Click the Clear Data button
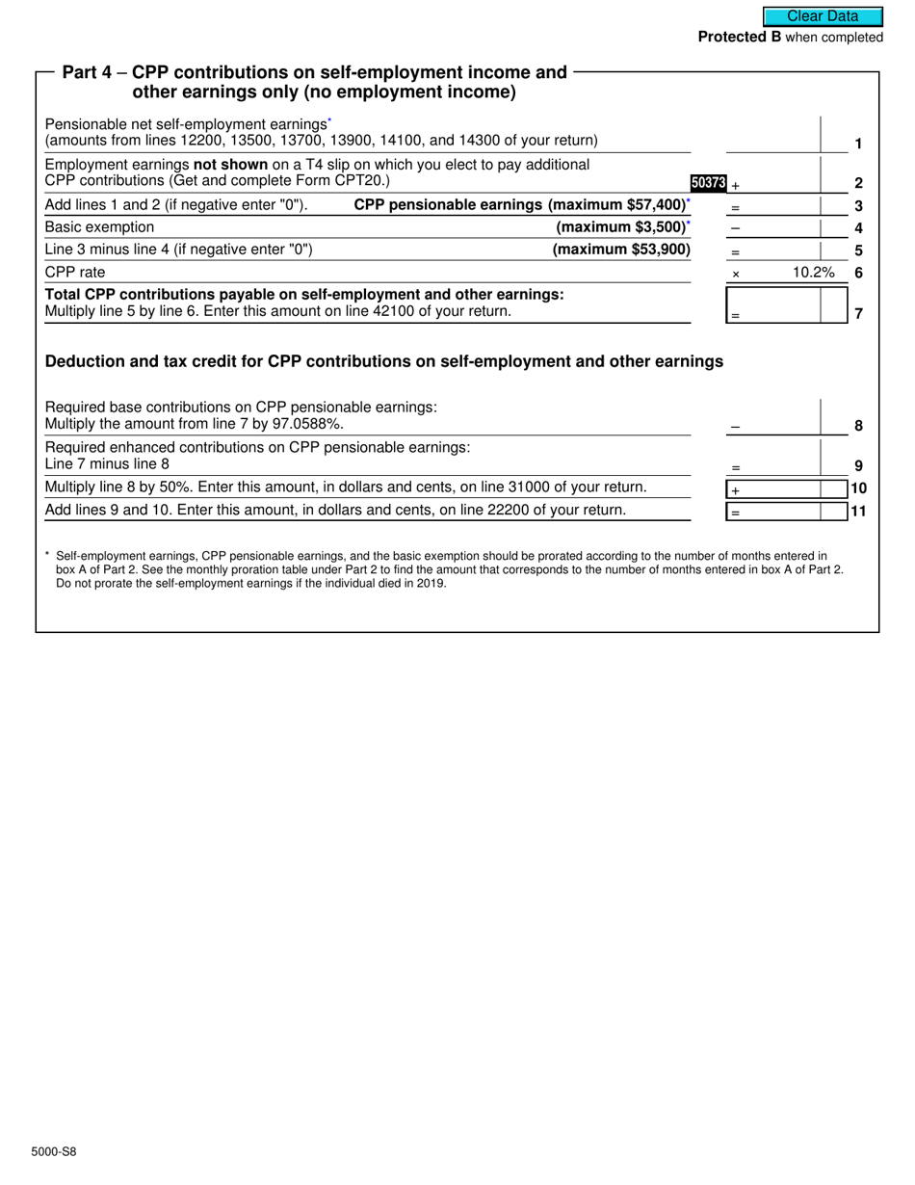click(823, 16)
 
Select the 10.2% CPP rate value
click(813, 273)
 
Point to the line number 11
click(858, 512)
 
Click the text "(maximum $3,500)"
click(621, 227)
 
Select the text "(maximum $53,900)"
click(621, 250)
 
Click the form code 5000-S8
click(54, 1151)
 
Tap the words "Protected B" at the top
click(739, 38)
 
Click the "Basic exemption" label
click(99, 227)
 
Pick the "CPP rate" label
click(75, 273)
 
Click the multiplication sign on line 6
click(736, 275)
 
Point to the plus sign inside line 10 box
click(735, 490)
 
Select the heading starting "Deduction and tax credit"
click(384, 362)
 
